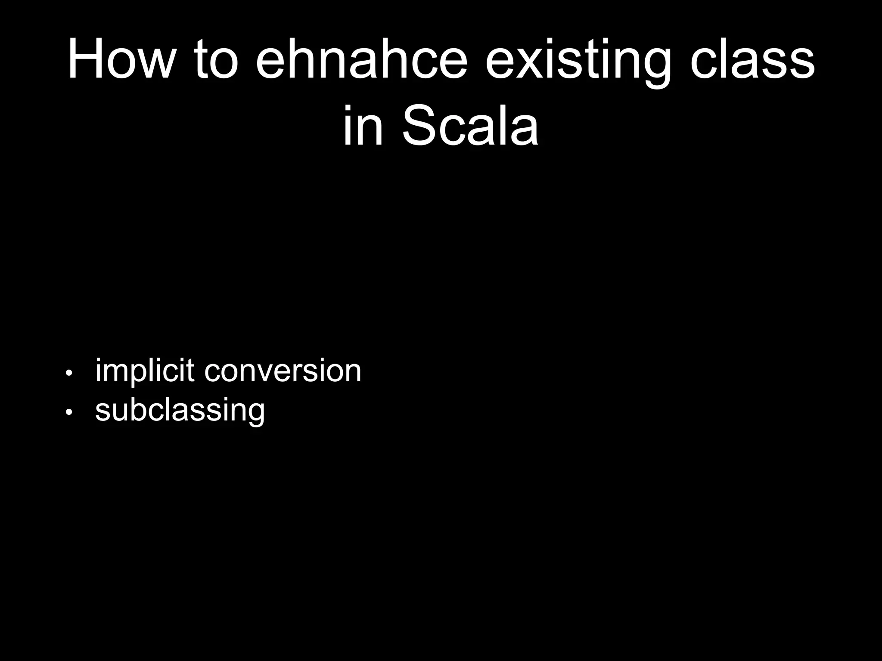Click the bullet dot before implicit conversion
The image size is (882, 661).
coord(68,373)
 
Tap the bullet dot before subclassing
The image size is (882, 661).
coord(68,412)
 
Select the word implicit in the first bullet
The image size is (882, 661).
coord(144,371)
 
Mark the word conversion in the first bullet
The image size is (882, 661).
coord(283,371)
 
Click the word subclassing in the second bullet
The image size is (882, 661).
coord(180,411)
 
